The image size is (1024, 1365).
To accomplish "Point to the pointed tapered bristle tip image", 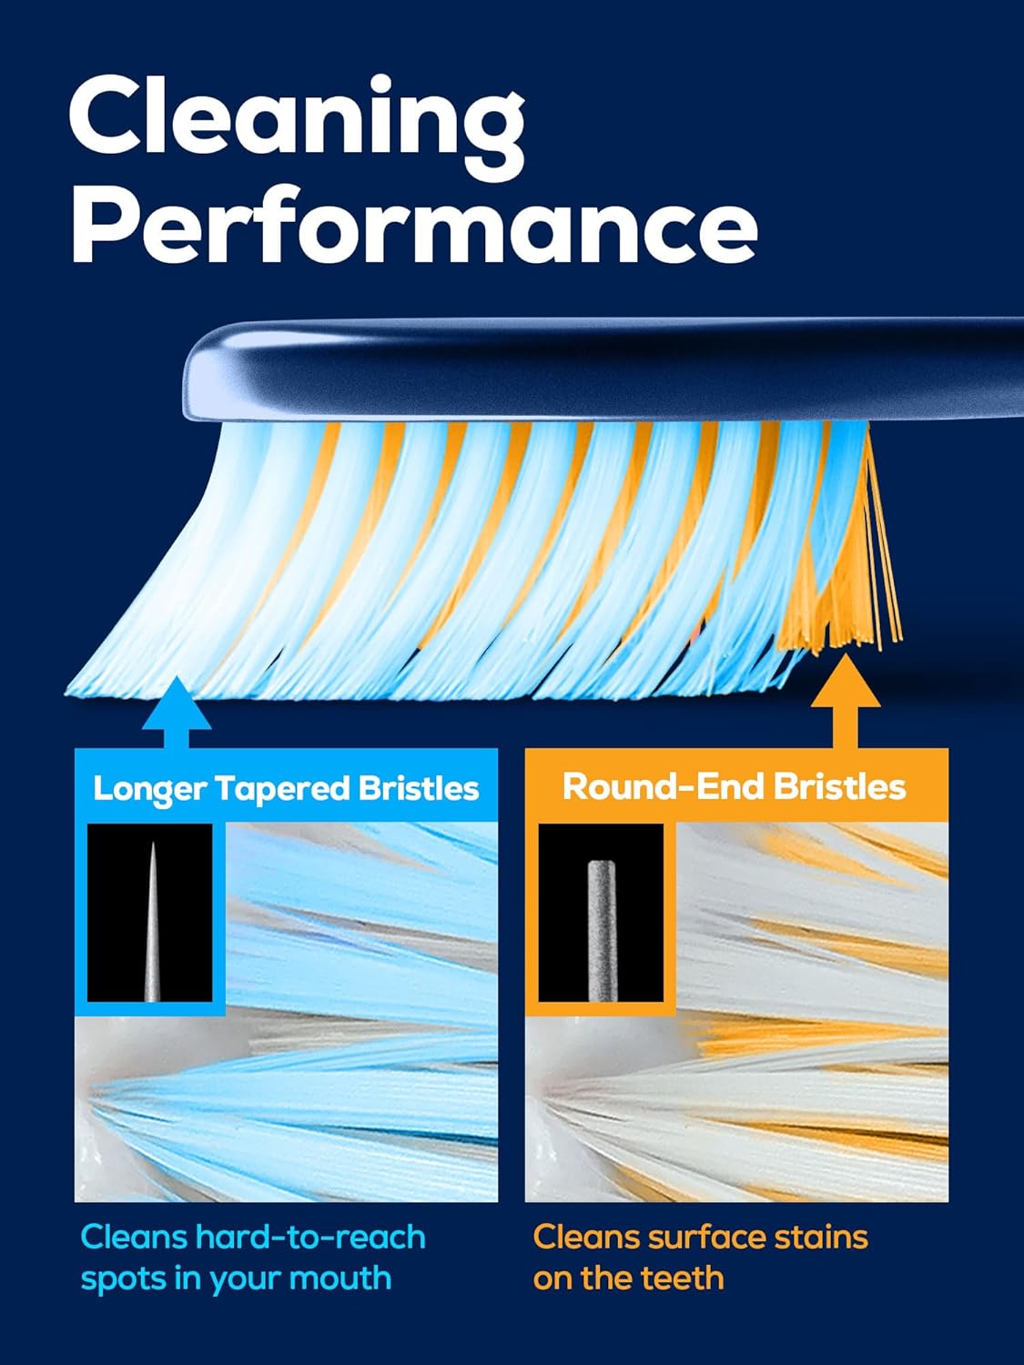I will click(x=150, y=919).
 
